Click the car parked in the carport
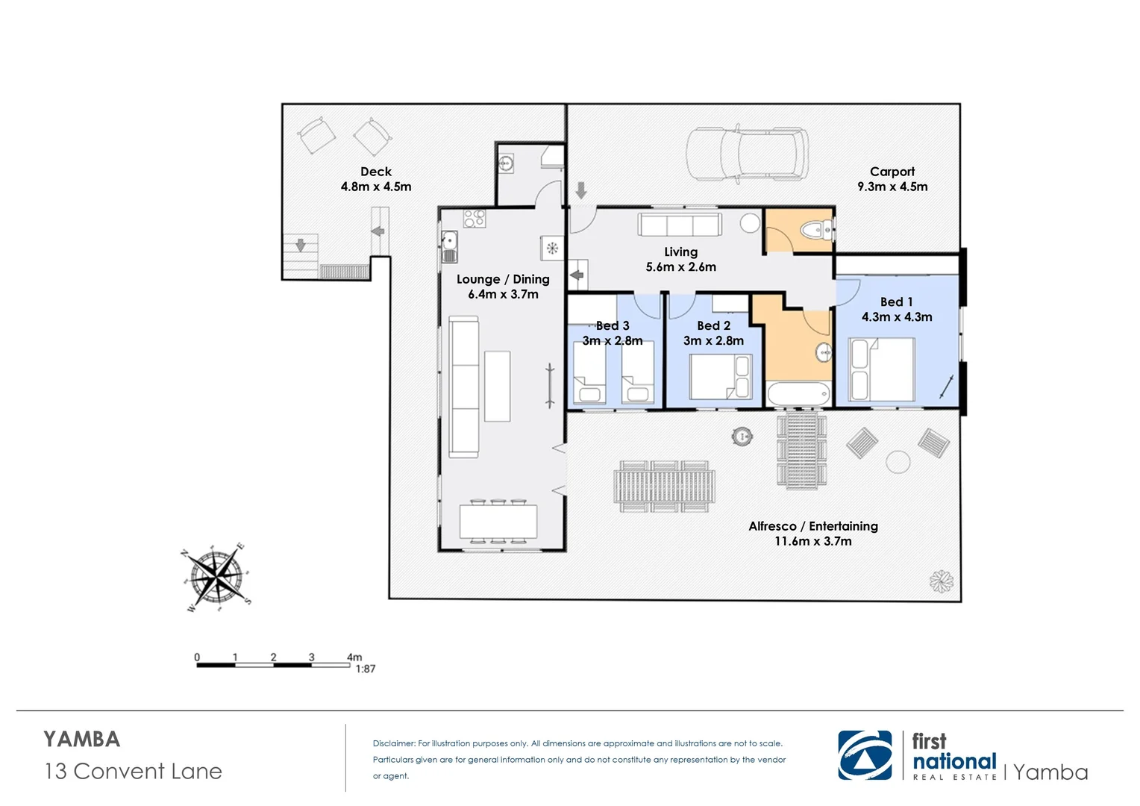747,153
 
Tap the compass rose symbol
216,576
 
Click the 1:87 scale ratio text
365,669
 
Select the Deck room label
375,172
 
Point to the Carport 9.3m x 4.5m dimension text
892,187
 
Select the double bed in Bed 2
720,377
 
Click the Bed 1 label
896,302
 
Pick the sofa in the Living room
679,225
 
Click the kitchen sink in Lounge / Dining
449,242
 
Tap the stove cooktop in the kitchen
475,219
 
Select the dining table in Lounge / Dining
498,521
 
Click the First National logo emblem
865,755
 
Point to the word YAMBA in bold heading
82,739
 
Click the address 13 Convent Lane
134,771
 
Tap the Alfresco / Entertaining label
813,526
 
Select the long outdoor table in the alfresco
664,487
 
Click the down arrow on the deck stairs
301,245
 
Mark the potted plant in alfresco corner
941,581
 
